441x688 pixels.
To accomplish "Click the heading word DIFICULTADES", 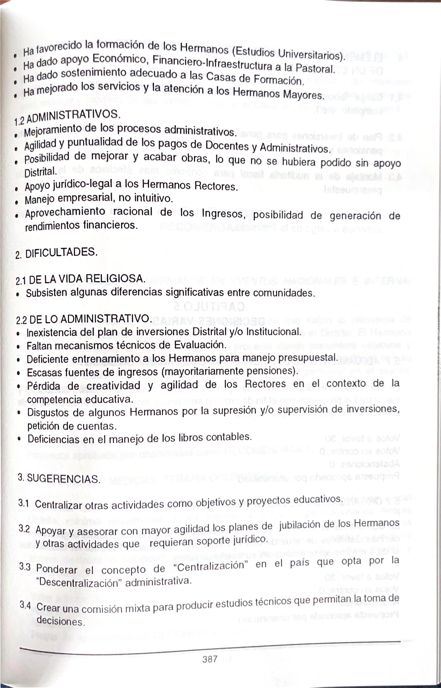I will tap(61, 252).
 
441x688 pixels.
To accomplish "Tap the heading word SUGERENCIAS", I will tap(64, 479).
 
